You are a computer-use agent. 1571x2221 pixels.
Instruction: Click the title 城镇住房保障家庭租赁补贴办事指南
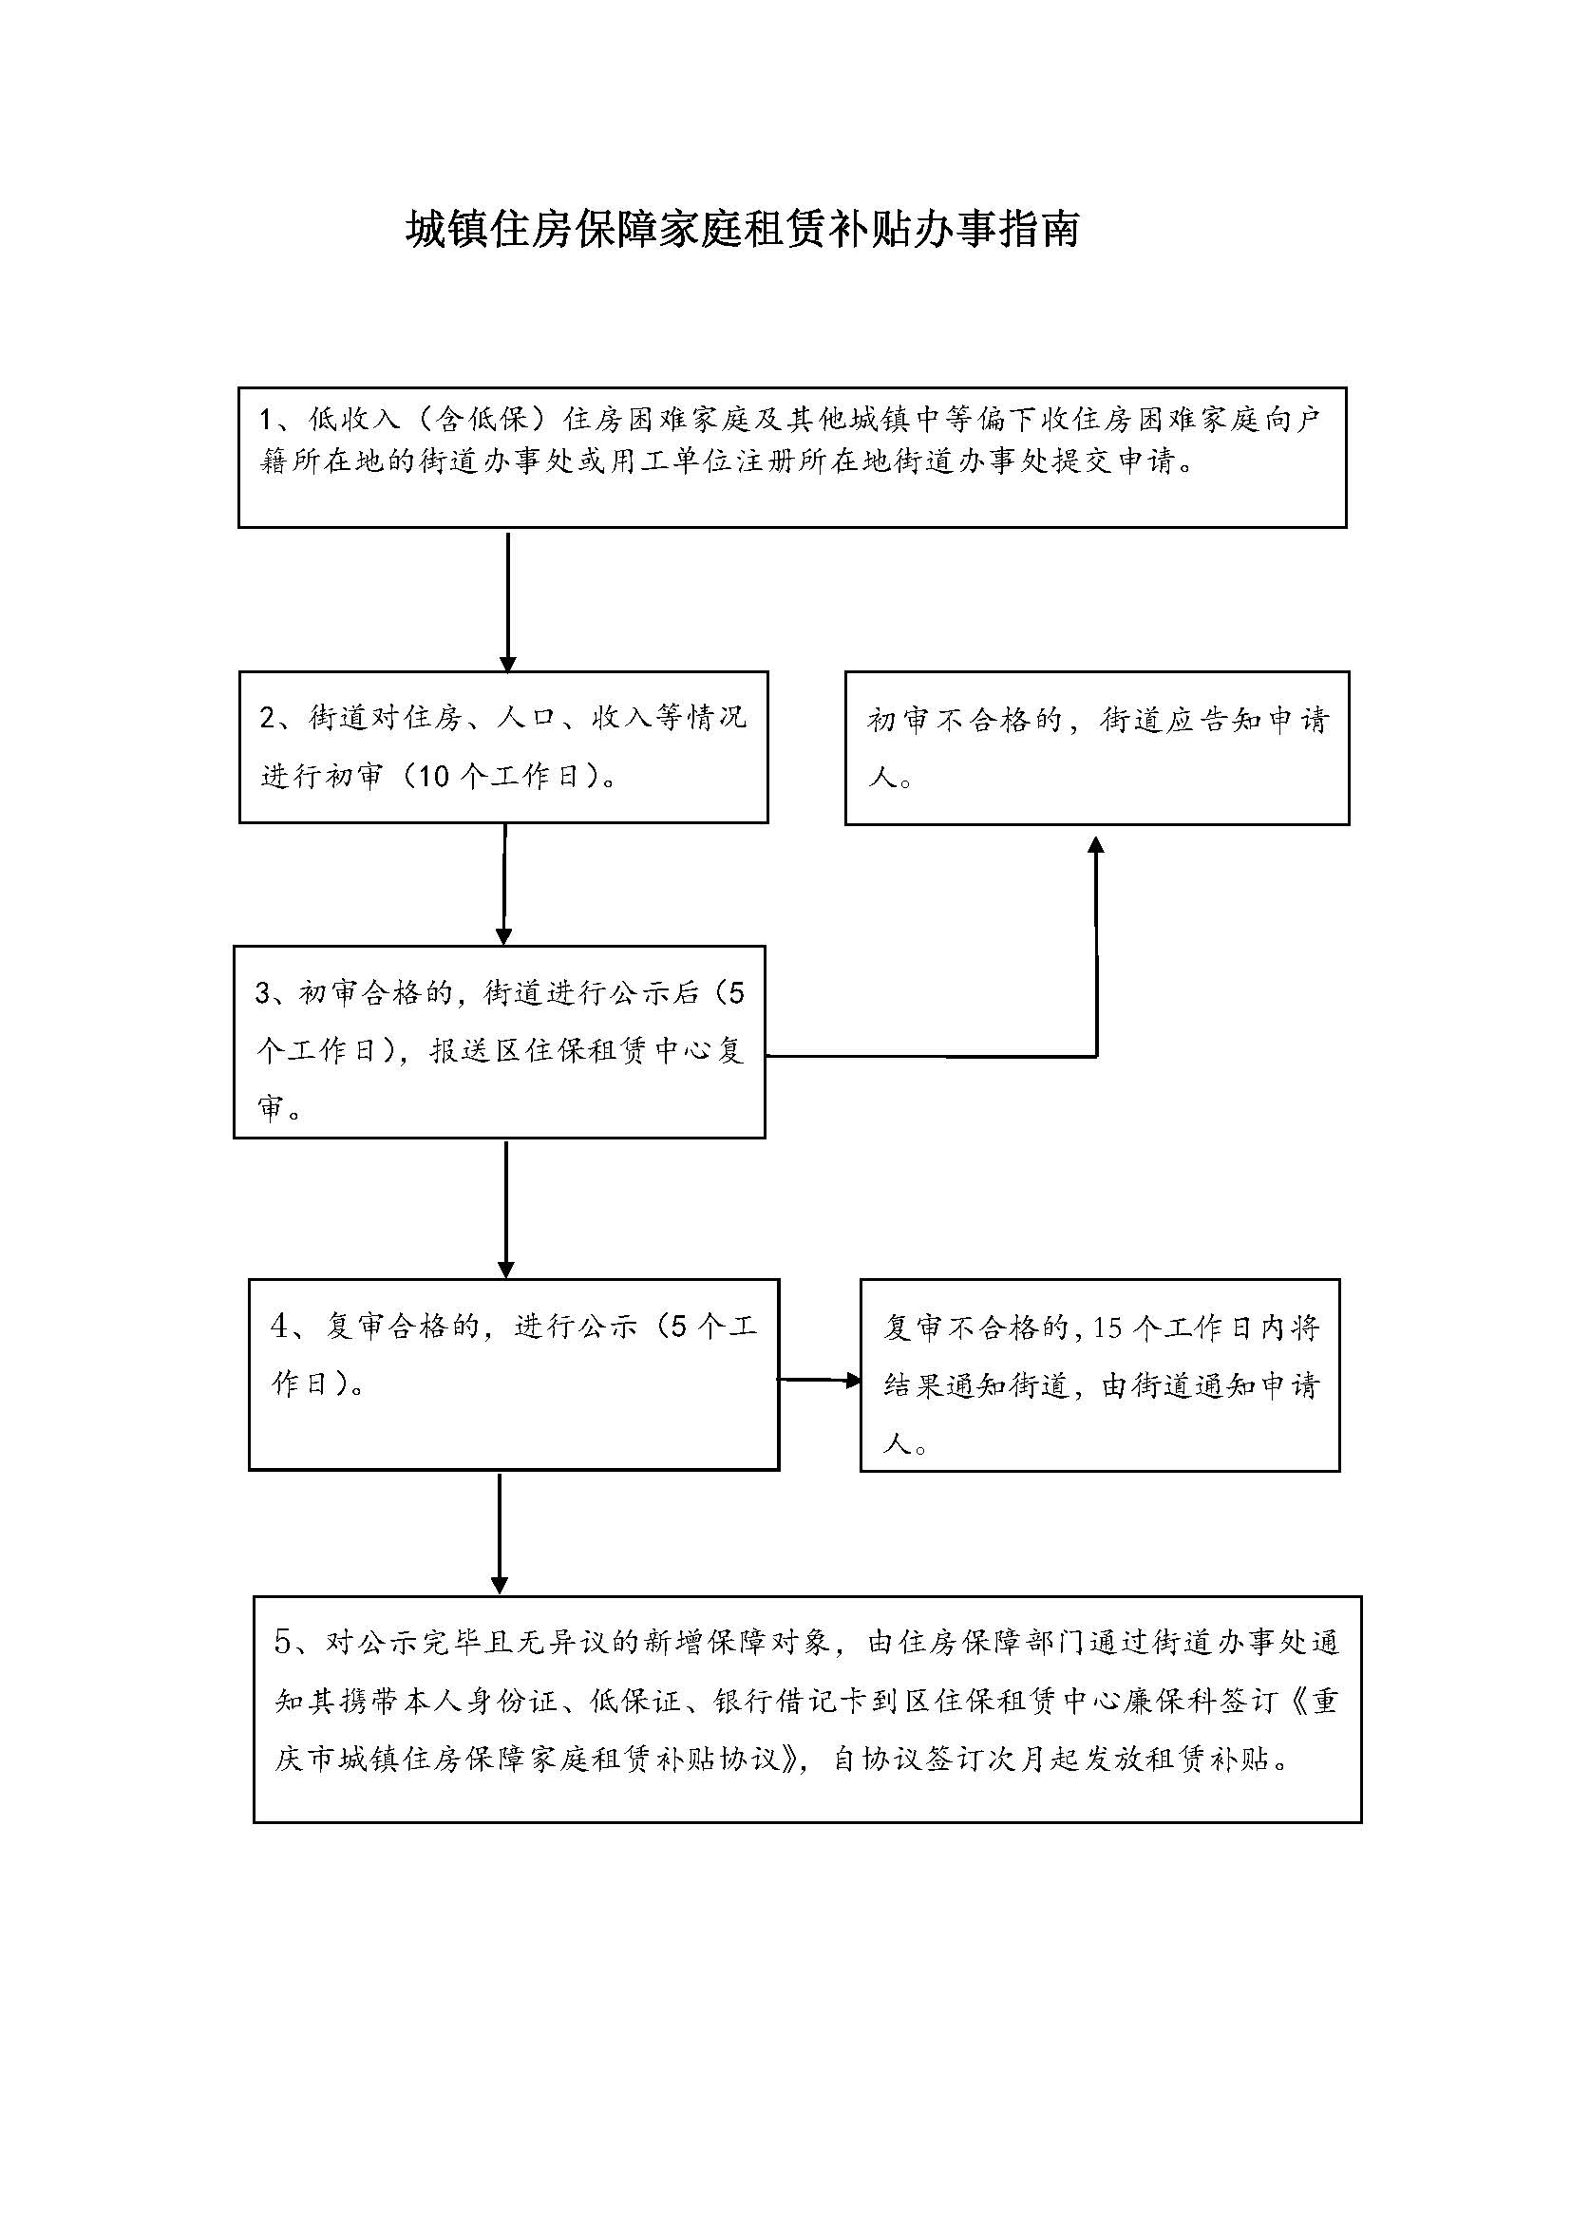[742, 230]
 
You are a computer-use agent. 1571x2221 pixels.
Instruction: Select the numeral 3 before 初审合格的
[263, 993]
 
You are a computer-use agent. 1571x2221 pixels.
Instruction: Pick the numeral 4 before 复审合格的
[279, 1327]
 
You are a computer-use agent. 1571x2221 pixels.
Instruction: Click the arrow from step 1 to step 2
[508, 601]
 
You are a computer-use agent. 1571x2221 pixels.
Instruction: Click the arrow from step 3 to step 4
[505, 1209]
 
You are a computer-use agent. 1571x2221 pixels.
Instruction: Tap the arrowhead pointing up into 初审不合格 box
[1096, 846]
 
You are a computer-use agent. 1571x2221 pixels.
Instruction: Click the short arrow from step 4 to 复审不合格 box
[820, 1381]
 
